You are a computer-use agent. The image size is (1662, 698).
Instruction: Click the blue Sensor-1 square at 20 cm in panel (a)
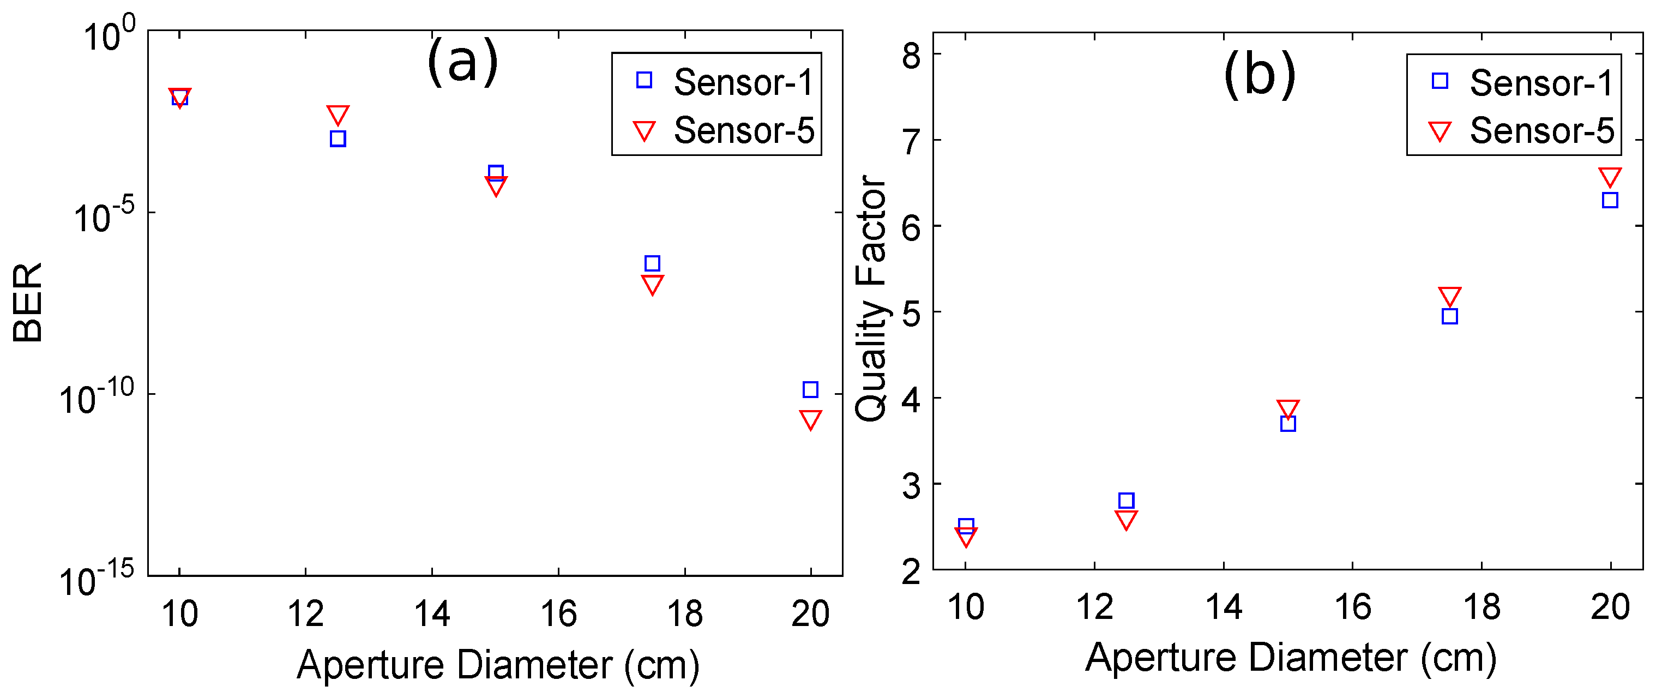[x=810, y=390]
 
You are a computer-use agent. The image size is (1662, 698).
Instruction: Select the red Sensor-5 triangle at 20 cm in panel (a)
[x=810, y=419]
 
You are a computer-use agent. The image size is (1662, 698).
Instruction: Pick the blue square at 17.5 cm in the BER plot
[x=652, y=263]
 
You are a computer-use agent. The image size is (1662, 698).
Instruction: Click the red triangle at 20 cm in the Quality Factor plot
[x=1610, y=177]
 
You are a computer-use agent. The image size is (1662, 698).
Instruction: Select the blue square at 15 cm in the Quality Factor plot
[x=1288, y=424]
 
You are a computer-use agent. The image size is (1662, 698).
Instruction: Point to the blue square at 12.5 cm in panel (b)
[x=1126, y=501]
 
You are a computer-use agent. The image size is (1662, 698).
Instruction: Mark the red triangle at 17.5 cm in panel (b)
[x=1450, y=296]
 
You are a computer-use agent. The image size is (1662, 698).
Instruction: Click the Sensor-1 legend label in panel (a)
[x=743, y=82]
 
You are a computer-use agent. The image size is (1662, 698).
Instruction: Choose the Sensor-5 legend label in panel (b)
[x=1542, y=131]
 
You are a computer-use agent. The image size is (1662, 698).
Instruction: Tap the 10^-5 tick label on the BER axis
[x=103, y=216]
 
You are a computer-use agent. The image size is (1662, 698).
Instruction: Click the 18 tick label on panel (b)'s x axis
[x=1482, y=607]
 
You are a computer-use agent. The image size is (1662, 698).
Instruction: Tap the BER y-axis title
[x=28, y=302]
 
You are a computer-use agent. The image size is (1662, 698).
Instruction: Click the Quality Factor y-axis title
[x=871, y=299]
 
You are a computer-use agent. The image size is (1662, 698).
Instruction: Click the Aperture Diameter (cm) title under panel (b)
[x=1290, y=659]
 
